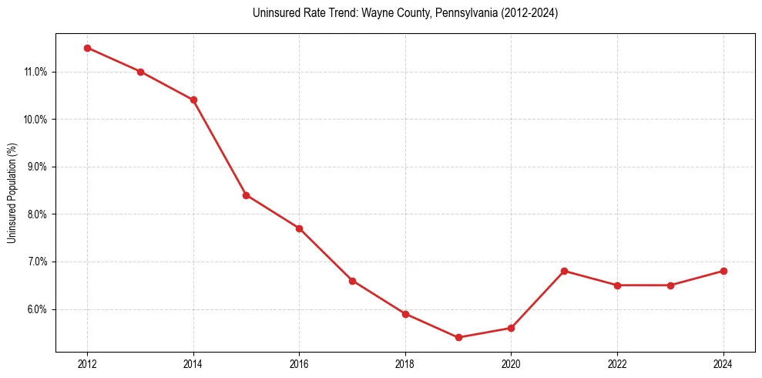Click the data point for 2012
click(87, 48)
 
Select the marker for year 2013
click(140, 72)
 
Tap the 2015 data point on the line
click(247, 195)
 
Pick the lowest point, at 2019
click(458, 337)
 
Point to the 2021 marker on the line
click(565, 271)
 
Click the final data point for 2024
click(723, 271)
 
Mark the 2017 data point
click(352, 281)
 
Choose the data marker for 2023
click(670, 285)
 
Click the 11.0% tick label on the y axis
click(35, 73)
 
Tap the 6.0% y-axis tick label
click(37, 309)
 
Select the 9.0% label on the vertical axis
click(37, 167)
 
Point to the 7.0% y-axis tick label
click(37, 262)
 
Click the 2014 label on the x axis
click(193, 364)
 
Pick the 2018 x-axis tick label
click(405, 364)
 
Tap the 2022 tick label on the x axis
click(617, 364)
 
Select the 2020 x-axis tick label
click(512, 364)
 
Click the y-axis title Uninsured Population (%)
click(12, 193)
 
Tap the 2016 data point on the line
click(299, 228)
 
